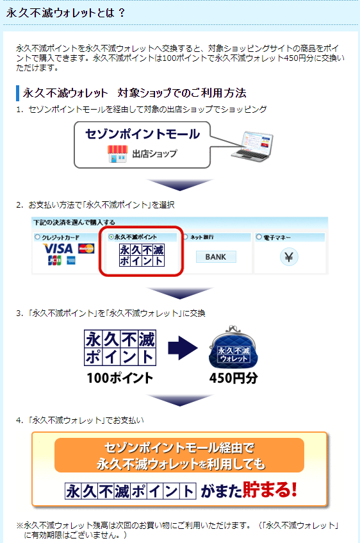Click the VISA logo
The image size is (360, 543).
[58, 248]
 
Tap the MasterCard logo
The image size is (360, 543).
[86, 249]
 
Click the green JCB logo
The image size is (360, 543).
[54, 260]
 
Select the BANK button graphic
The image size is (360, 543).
[216, 257]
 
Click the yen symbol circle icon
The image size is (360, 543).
[289, 257]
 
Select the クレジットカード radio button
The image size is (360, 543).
[37, 237]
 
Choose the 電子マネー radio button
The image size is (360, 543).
[259, 237]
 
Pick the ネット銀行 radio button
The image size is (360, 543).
[185, 237]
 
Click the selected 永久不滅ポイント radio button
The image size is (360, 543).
[111, 237]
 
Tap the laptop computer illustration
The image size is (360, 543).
[252, 146]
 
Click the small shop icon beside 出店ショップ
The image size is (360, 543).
[118, 154]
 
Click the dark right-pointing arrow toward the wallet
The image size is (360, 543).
[183, 348]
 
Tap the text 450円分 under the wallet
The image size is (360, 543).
[233, 378]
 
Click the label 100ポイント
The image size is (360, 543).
[120, 378]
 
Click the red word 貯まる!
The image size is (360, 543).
[270, 489]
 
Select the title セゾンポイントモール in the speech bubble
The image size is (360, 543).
[143, 134]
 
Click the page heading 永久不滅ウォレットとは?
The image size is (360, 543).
[65, 13]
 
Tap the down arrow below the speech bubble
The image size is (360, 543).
[179, 185]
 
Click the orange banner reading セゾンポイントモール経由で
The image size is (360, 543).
[179, 455]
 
